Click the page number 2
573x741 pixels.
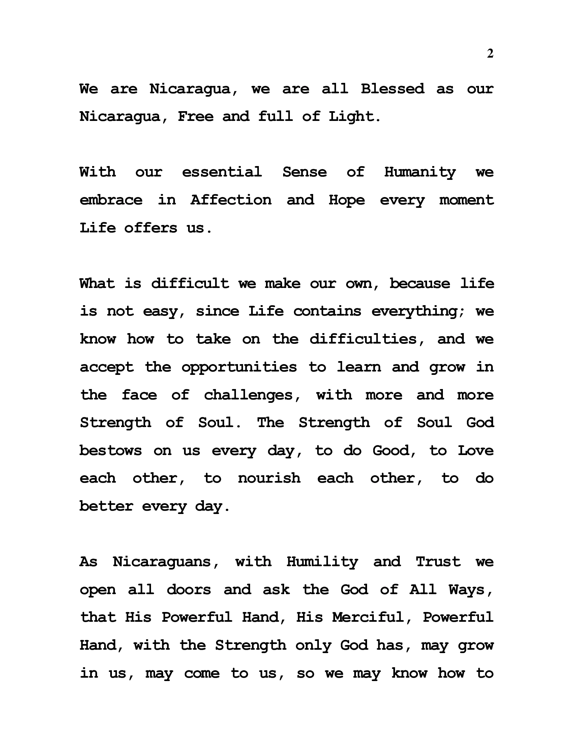(x=490, y=54)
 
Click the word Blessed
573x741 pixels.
(x=392, y=89)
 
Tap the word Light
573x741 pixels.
(x=354, y=117)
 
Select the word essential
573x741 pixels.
(x=222, y=172)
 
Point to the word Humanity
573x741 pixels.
(x=420, y=172)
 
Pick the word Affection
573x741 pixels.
(x=231, y=200)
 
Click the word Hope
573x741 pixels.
(x=346, y=200)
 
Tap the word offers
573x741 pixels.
(x=151, y=228)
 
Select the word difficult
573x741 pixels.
(x=190, y=283)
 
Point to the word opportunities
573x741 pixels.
(x=239, y=367)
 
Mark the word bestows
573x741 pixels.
(x=111, y=451)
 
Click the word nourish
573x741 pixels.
(x=269, y=478)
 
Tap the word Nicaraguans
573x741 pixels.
(x=166, y=562)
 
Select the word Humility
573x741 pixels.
(x=322, y=562)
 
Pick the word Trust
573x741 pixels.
(x=438, y=562)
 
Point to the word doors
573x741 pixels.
(x=189, y=590)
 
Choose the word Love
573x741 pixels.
(x=476, y=451)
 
